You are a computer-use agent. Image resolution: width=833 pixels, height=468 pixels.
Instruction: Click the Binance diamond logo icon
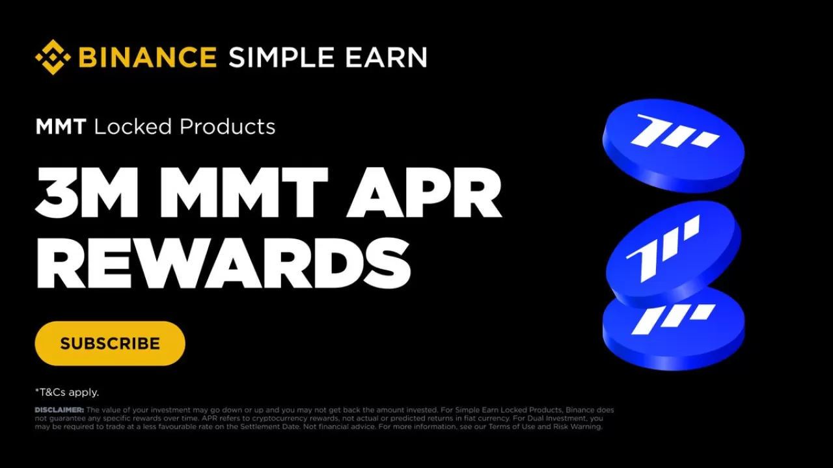pos(53,57)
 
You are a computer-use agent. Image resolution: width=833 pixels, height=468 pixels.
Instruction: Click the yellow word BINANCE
pos(147,57)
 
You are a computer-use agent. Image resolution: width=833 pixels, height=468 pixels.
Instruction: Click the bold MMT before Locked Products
pos(61,127)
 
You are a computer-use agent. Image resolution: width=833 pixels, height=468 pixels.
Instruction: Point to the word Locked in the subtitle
pos(133,127)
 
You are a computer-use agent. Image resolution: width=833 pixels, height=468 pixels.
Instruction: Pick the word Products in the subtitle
pos(227,127)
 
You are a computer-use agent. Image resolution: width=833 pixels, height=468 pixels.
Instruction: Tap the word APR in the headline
pos(424,193)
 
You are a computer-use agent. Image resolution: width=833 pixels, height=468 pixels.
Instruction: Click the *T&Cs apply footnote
pos(67,392)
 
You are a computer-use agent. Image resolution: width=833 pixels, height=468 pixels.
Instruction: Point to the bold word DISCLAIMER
pos(59,410)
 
